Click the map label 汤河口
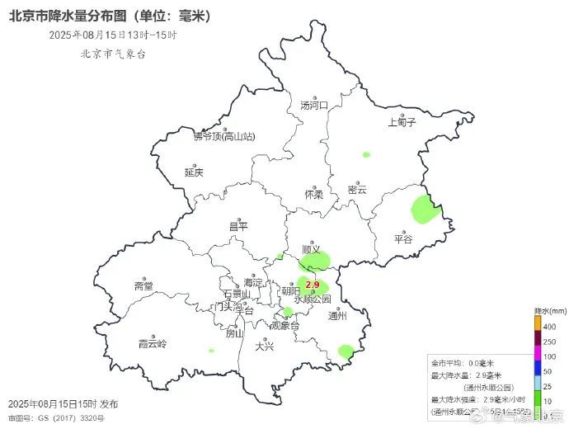(x=314, y=105)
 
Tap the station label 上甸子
(x=402, y=122)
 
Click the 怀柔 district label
(x=313, y=195)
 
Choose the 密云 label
(x=357, y=189)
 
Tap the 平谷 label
(x=403, y=238)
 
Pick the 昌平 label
(x=238, y=226)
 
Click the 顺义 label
(x=311, y=247)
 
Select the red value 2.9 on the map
(x=313, y=285)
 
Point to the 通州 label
(x=338, y=315)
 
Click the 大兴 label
(x=265, y=346)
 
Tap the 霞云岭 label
(x=153, y=343)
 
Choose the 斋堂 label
(x=143, y=285)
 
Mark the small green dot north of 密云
(x=366, y=153)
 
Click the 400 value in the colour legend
(x=549, y=327)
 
